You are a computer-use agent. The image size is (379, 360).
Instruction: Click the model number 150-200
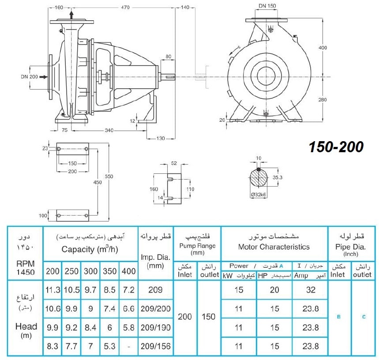pyautogui.click(x=336, y=147)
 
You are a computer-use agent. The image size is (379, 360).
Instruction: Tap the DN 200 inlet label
pyautogui.click(x=29, y=77)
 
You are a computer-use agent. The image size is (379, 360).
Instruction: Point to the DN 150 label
pyautogui.click(x=267, y=6)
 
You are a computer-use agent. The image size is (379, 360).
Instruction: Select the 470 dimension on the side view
pyautogui.click(x=125, y=7)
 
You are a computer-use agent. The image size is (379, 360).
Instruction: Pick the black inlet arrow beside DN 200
pyautogui.click(x=44, y=77)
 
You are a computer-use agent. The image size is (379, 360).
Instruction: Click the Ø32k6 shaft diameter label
pyautogui.click(x=259, y=194)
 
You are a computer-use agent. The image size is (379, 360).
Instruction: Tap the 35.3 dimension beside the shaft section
pyautogui.click(x=277, y=177)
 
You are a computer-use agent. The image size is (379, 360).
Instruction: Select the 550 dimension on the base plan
pyautogui.click(x=109, y=176)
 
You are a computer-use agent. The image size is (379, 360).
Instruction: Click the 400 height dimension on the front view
pyautogui.click(x=323, y=48)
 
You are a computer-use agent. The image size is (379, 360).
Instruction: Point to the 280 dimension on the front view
pyautogui.click(x=323, y=100)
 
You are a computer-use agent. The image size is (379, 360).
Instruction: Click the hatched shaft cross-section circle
pyautogui.click(x=259, y=178)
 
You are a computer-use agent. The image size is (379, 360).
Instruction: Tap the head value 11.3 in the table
pyautogui.click(x=53, y=290)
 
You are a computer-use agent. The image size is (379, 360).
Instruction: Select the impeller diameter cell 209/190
pyautogui.click(x=156, y=328)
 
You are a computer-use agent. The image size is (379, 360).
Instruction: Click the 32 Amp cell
pyautogui.click(x=311, y=290)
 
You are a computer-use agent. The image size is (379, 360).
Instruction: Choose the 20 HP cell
pyautogui.click(x=274, y=290)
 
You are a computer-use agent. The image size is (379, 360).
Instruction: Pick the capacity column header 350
pyautogui.click(x=110, y=271)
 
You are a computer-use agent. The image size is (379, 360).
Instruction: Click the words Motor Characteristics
pyautogui.click(x=274, y=247)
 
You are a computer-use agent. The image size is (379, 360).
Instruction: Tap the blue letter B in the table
pyautogui.click(x=339, y=317)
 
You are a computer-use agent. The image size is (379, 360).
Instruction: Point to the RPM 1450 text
pyautogui.click(x=26, y=268)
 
